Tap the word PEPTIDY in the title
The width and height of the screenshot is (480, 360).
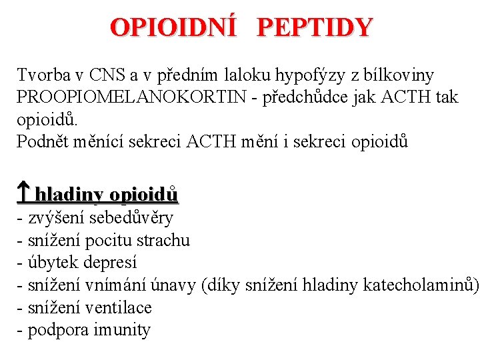[x=314, y=27]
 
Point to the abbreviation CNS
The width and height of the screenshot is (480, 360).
[x=105, y=75]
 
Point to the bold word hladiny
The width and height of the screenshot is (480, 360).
[x=70, y=195]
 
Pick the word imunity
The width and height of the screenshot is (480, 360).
[x=123, y=330]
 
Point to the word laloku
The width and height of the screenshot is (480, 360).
[x=209, y=75]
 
